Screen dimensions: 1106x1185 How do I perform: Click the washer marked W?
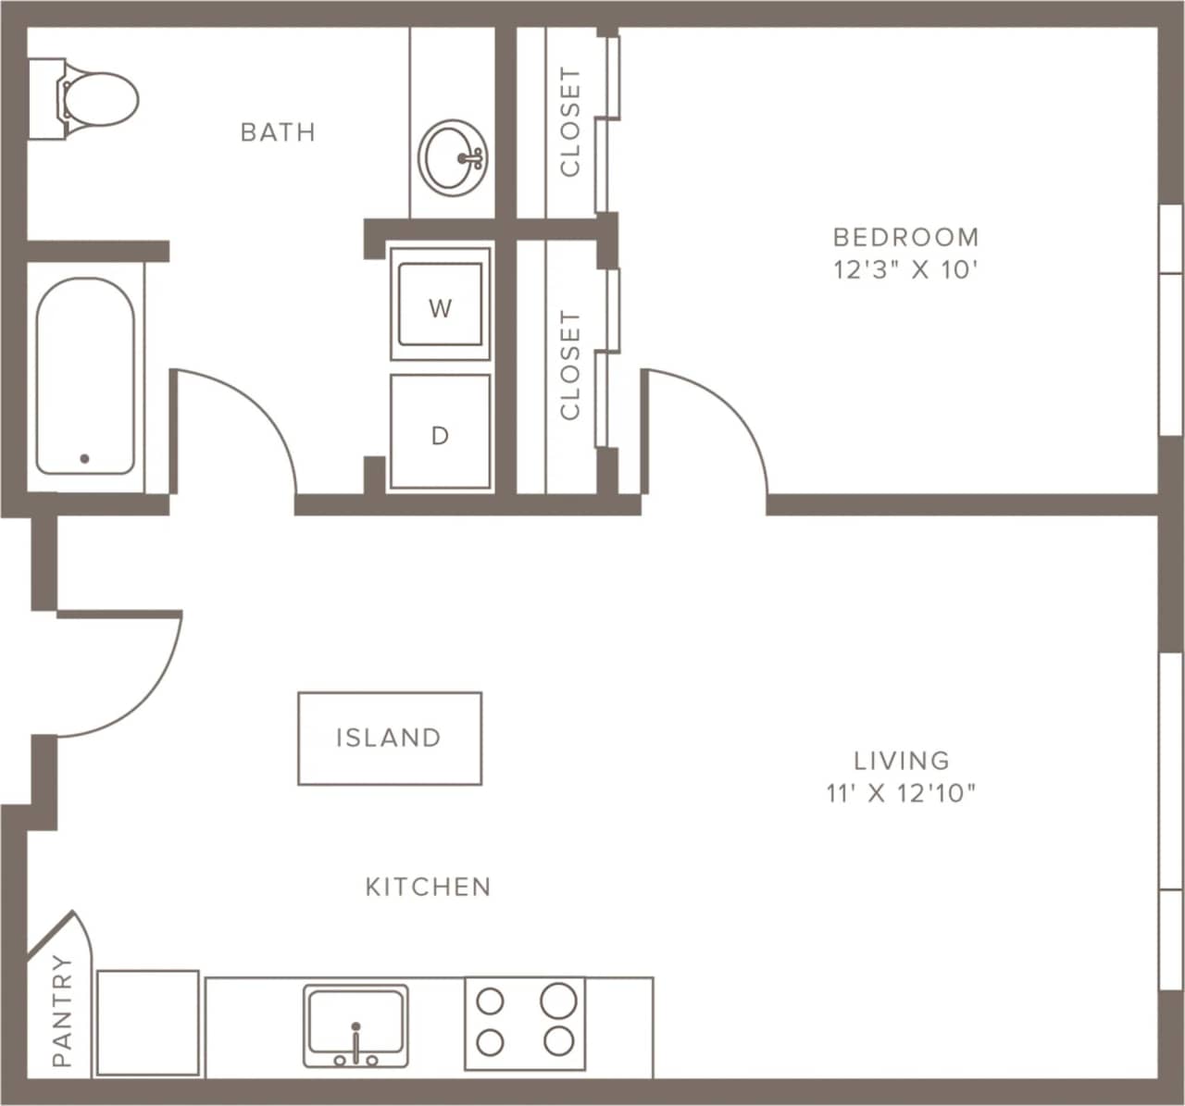click(x=440, y=304)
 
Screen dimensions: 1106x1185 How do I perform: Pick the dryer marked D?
click(x=440, y=432)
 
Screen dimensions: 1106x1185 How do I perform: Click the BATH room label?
click(x=278, y=132)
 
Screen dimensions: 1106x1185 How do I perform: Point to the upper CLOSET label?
click(x=569, y=121)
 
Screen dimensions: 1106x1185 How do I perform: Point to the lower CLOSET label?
click(x=569, y=365)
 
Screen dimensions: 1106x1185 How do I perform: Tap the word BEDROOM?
click(x=905, y=237)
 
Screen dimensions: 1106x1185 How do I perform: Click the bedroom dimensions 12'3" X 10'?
click(x=905, y=270)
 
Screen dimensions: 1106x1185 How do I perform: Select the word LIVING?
click(x=902, y=761)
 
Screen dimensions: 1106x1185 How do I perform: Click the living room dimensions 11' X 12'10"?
click(x=902, y=793)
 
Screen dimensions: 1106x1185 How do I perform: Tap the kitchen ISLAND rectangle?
click(x=389, y=738)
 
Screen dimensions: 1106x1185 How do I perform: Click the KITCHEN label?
click(x=428, y=887)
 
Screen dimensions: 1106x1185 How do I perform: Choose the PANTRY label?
click(x=61, y=1011)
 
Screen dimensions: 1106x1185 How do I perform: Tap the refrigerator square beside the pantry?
click(x=148, y=1023)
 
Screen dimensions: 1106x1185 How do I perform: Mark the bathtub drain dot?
click(x=84, y=458)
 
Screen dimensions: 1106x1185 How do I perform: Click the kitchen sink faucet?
click(x=355, y=1041)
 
